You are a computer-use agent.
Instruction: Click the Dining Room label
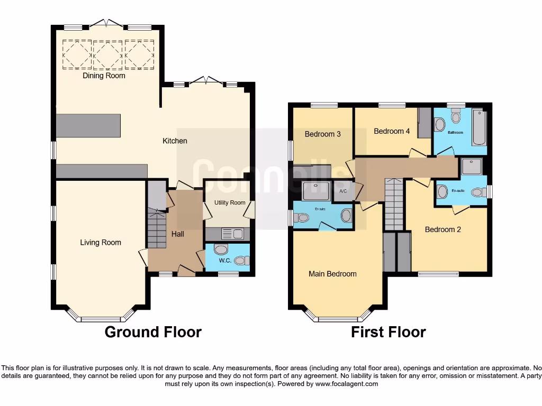104,76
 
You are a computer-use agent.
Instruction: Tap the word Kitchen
175,141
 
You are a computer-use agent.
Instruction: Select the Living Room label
101,243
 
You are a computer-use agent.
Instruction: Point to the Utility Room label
230,203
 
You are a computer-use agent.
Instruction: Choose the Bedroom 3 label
322,134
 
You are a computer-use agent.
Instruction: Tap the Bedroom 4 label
392,131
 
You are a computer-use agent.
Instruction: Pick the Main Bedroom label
332,274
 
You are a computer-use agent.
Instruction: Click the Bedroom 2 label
444,229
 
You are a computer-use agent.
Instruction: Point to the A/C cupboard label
342,191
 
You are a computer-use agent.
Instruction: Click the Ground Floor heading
153,332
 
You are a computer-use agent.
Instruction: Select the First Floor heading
389,332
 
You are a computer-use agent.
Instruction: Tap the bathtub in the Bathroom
478,127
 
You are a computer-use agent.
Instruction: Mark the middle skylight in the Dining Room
108,54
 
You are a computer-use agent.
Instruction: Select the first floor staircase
393,204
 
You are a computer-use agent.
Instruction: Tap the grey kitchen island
88,125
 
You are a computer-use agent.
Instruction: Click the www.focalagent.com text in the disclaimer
346,384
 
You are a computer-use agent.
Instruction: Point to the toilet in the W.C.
241,260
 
